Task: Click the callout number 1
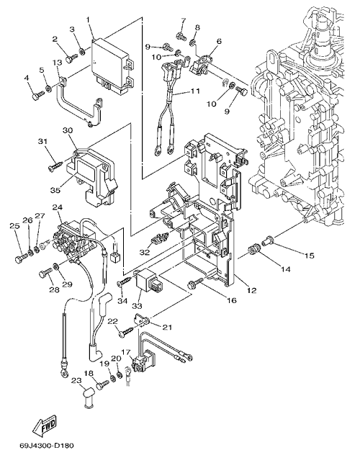(88, 20)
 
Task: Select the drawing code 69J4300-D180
(47, 446)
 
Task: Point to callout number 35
(55, 190)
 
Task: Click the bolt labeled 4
(38, 96)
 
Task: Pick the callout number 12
(252, 290)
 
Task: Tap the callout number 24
(58, 207)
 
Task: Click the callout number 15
(309, 256)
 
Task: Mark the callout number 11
(194, 91)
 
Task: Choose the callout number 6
(218, 42)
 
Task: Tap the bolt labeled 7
(181, 37)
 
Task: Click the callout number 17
(126, 352)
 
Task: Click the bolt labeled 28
(45, 273)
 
